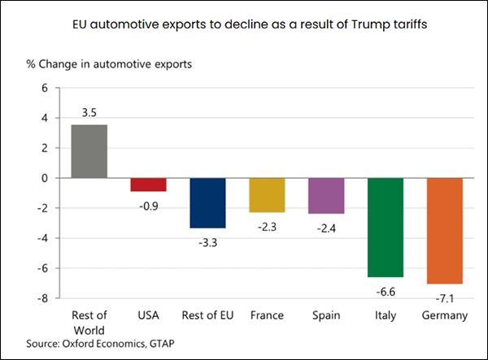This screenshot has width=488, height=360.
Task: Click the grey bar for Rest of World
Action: coord(89,151)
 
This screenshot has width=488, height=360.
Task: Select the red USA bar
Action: coord(148,184)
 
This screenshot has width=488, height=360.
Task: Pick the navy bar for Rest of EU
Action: coord(207,202)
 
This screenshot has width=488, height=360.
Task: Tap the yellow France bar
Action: coord(267,195)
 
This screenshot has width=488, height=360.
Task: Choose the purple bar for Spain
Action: coord(326,196)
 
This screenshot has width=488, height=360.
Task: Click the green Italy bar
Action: coord(386,228)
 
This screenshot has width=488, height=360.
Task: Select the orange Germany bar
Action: coord(445,231)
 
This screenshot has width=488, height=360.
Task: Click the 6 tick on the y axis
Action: coord(45,88)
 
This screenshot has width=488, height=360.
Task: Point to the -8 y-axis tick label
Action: coord(43,298)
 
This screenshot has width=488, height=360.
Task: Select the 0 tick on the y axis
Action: coord(45,178)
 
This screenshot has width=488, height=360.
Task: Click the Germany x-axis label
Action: coord(445,315)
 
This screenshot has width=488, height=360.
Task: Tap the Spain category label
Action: coord(326,315)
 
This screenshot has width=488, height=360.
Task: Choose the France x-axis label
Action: coord(267,315)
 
